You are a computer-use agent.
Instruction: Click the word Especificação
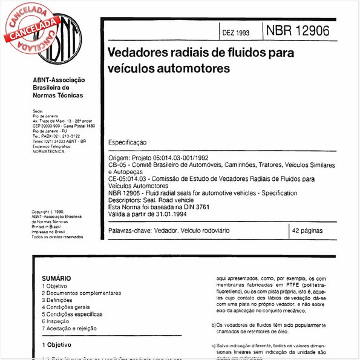tap(127, 142)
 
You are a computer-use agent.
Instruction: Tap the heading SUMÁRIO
tap(56, 278)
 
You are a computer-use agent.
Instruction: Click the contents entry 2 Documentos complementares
tap(82, 293)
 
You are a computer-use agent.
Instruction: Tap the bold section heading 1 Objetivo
tap(56, 344)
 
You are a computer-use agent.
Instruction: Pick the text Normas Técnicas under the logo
tap(58, 96)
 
